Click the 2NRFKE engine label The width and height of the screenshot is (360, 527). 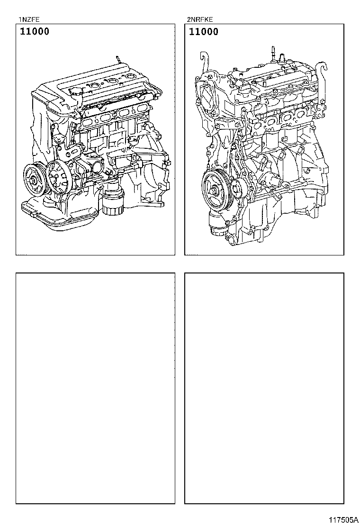pos(200,19)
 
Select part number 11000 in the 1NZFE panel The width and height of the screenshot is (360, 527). pos(34,31)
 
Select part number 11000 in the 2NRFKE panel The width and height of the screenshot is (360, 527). pos(203,32)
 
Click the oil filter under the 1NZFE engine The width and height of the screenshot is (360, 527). pos(113,201)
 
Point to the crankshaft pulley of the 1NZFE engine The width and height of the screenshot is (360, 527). pos(35,180)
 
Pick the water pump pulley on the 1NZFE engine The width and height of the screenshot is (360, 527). pos(58,178)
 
